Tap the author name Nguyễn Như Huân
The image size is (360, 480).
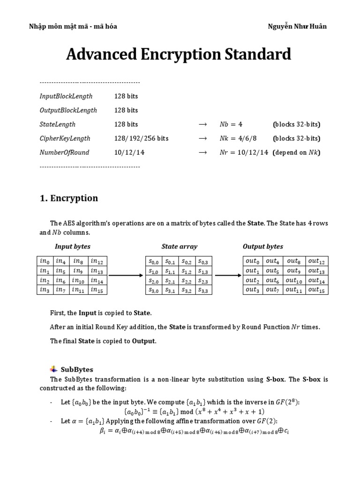click(297, 26)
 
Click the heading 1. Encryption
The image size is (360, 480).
click(69, 198)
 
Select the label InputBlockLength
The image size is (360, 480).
click(66, 96)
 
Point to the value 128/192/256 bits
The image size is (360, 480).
click(142, 138)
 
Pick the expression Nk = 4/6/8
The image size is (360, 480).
click(238, 138)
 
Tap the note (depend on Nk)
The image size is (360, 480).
click(296, 152)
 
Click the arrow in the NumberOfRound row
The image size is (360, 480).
click(202, 152)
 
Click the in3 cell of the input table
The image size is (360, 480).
click(45, 289)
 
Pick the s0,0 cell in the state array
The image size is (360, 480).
click(154, 261)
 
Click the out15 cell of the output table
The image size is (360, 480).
click(317, 289)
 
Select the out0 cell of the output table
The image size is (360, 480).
click(252, 261)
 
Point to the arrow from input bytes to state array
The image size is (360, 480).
click(126, 275)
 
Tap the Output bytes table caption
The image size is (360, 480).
click(262, 246)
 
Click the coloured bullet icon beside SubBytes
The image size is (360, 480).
click(52, 369)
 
